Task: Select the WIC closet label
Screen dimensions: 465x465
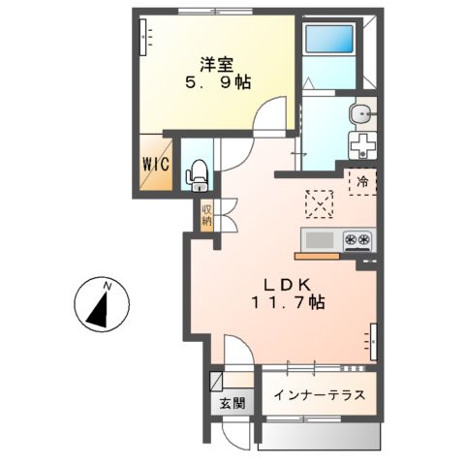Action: (x=158, y=165)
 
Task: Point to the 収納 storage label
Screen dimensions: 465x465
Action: (x=207, y=216)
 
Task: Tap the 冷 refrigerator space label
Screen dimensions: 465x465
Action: (x=362, y=181)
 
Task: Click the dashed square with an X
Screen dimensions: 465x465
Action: (x=319, y=204)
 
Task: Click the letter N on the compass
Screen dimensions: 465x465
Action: (x=108, y=286)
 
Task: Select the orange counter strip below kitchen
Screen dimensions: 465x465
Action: (x=317, y=258)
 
